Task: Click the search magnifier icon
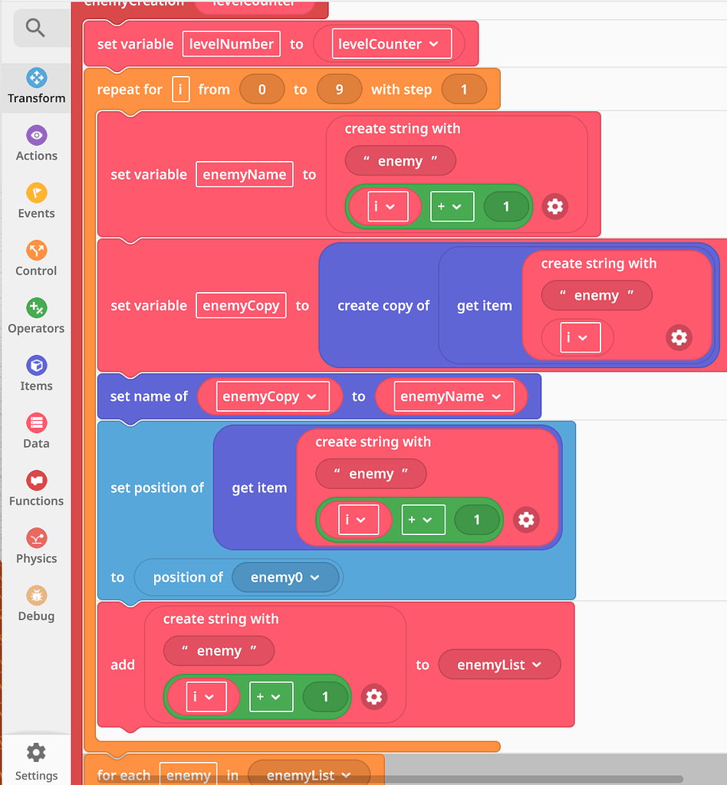(35, 28)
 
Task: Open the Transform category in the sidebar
(36, 77)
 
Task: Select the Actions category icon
(36, 136)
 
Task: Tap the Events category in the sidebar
(36, 193)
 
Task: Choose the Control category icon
(36, 251)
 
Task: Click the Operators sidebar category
(36, 308)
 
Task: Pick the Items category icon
(36, 366)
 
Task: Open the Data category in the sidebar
(36, 423)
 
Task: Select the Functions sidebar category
(36, 481)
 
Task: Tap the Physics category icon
(36, 538)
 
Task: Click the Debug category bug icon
(36, 596)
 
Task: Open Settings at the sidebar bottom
(36, 752)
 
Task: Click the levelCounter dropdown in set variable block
(389, 44)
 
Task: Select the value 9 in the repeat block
(339, 90)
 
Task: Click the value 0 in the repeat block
(262, 90)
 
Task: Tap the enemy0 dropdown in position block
(285, 577)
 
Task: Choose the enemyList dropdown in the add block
(499, 665)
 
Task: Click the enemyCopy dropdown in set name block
(268, 396)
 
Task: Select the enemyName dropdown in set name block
(450, 396)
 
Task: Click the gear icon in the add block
(373, 697)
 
